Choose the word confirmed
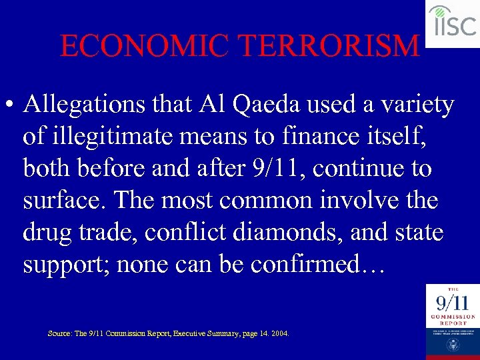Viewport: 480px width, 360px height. pyautogui.click(x=313, y=265)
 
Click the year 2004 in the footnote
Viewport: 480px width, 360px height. pyautogui.click(x=280, y=332)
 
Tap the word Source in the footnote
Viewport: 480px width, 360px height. pyautogui.click(x=59, y=332)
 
